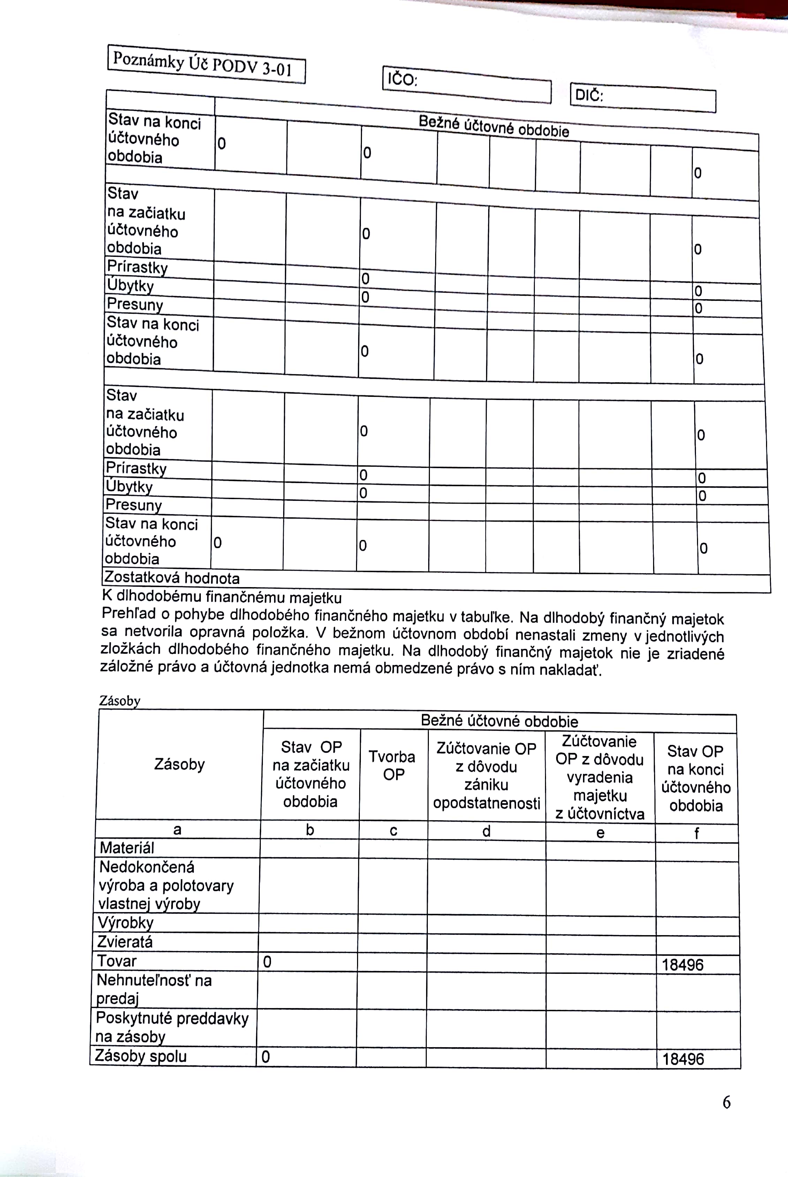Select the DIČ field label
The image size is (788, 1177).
[x=589, y=95]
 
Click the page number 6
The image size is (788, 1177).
[x=726, y=1103]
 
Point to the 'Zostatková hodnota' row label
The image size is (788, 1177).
[x=172, y=577]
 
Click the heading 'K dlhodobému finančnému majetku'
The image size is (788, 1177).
[x=222, y=597]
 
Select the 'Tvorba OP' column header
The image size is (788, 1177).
[x=393, y=765]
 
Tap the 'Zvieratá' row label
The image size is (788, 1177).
[x=125, y=942]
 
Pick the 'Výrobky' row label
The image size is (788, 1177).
[x=126, y=923]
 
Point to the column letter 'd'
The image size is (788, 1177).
[x=486, y=831]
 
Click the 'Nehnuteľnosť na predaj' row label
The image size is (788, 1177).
[x=154, y=989]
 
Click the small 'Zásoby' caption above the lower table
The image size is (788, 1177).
[x=120, y=701]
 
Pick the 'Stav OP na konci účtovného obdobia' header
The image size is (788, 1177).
[x=696, y=778]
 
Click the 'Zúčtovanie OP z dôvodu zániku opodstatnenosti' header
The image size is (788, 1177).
[x=486, y=776]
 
